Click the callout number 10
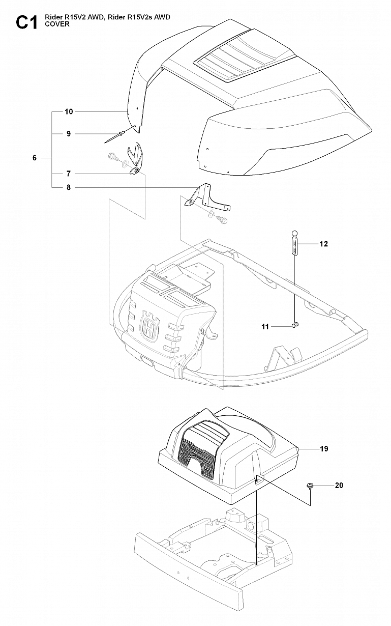(69, 111)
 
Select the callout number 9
(69, 134)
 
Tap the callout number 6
(35, 158)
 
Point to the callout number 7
(69, 174)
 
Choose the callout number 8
(69, 187)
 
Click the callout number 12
(323, 244)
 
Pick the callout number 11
(279, 327)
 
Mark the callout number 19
(324, 449)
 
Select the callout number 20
(339, 486)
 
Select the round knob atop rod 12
(294, 233)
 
